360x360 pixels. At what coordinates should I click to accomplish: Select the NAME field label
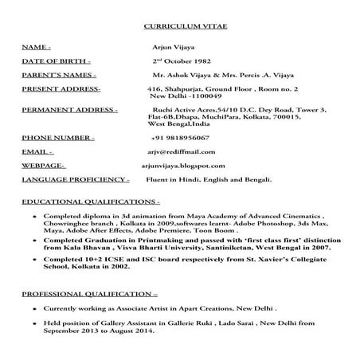(x=36, y=49)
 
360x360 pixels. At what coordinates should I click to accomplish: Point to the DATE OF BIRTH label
(x=56, y=61)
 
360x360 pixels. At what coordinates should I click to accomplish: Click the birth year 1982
(x=200, y=61)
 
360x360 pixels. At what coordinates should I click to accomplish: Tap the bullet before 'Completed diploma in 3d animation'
(x=33, y=217)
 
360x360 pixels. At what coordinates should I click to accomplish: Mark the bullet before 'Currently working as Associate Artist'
(x=33, y=307)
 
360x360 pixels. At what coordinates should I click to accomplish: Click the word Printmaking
(x=148, y=239)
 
